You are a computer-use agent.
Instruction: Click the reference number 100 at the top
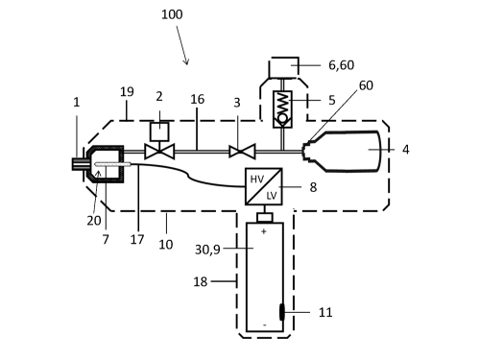[172, 14]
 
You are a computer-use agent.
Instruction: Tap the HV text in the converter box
[256, 180]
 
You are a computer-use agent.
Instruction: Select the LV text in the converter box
[272, 195]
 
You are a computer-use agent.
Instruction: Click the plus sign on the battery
[264, 231]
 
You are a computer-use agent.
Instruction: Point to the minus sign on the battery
[265, 324]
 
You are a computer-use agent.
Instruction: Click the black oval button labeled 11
[281, 312]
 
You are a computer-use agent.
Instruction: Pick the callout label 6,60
[341, 65]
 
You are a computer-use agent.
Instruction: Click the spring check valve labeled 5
[282, 109]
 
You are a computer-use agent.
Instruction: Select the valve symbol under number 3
[242, 152]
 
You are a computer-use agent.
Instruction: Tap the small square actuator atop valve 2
[159, 132]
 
